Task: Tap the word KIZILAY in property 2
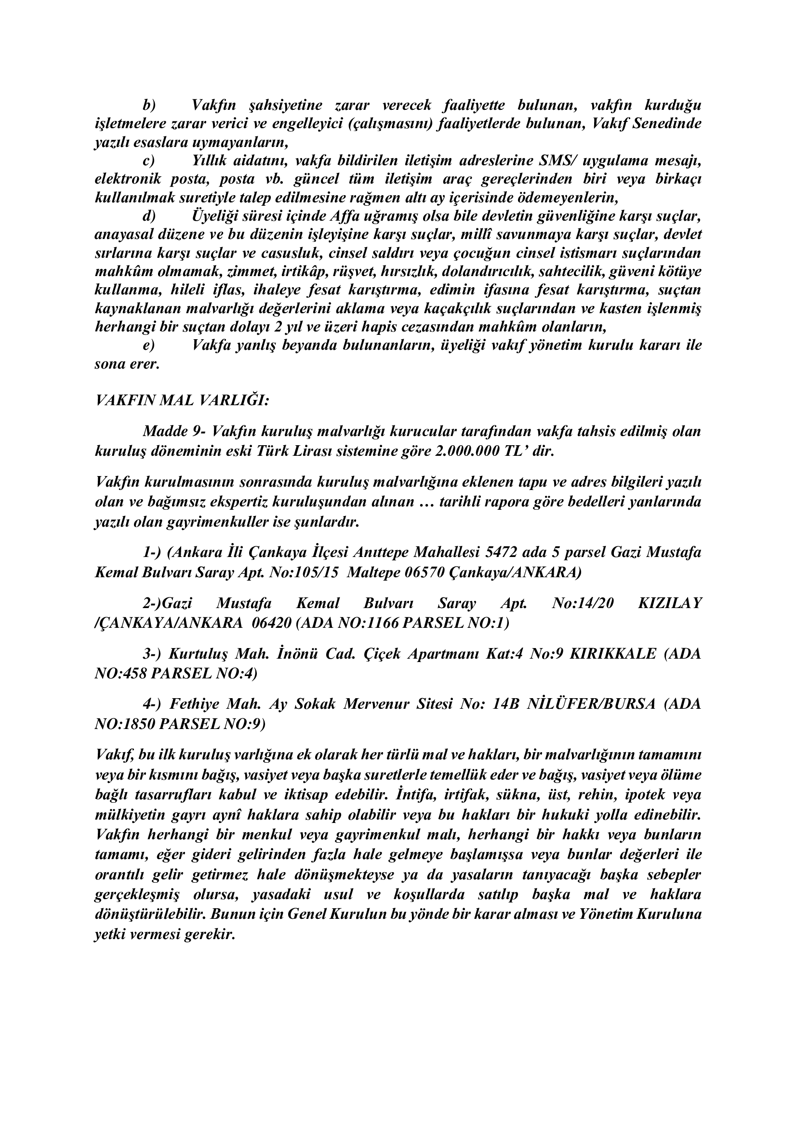669,603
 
